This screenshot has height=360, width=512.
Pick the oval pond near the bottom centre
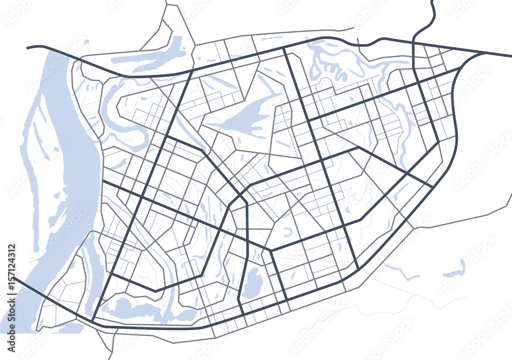[x=252, y=283]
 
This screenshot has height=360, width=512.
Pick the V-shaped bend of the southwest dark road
[x=155, y=291]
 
